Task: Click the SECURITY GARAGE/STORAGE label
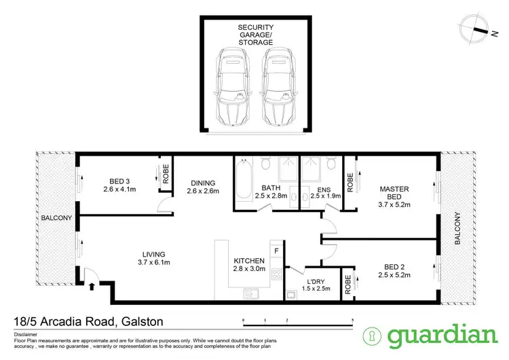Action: [x=255, y=35]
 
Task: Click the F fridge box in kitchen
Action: [x=276, y=251]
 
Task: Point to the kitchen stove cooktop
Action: [x=276, y=276]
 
